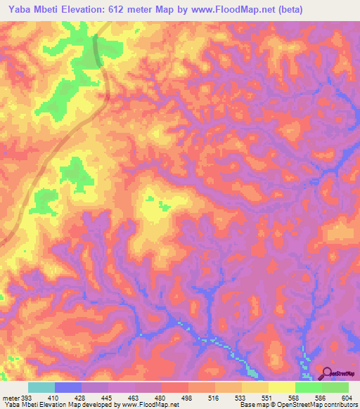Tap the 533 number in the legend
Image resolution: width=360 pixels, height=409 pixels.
[241, 397]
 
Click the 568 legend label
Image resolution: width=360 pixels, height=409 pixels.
[295, 397]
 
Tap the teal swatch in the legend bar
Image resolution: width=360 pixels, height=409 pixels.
[41, 387]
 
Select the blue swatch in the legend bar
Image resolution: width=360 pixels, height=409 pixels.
[68, 387]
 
